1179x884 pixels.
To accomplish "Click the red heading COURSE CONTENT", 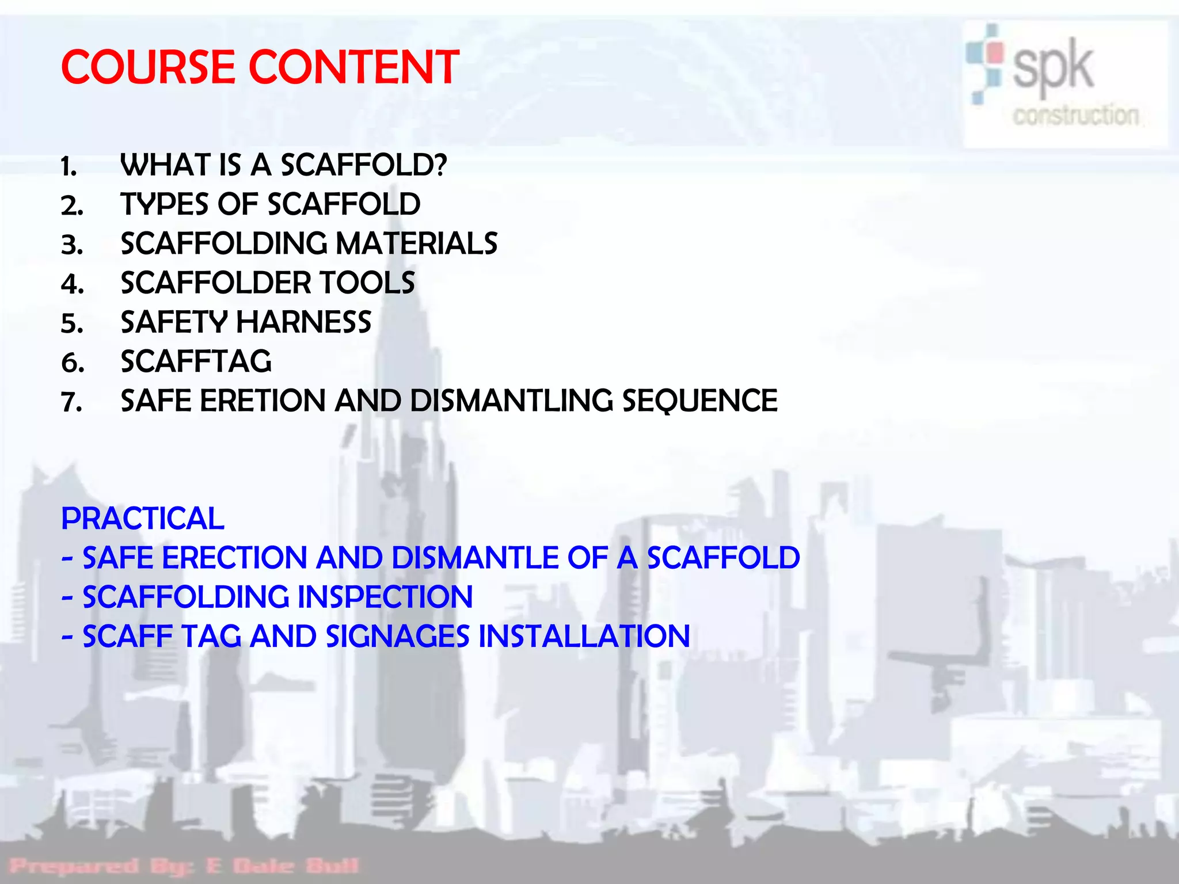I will [x=260, y=67].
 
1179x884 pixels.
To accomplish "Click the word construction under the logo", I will [x=1075, y=115].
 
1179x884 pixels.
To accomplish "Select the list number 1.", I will [x=69, y=167].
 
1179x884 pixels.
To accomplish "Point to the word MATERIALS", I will [x=416, y=243].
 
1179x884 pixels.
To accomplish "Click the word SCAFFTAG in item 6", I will [x=196, y=361].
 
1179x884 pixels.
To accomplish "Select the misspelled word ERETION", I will [x=262, y=401].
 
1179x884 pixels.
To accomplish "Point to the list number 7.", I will [x=71, y=402].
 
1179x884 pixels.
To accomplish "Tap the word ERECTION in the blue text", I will [x=234, y=558].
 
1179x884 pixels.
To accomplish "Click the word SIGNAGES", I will [x=397, y=636].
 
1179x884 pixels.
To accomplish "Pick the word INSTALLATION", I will [x=584, y=636].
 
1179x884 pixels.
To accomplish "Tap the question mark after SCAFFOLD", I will [x=440, y=165].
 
